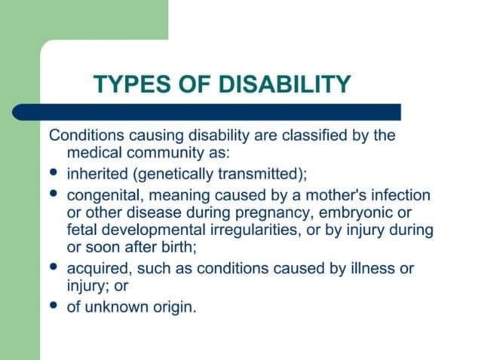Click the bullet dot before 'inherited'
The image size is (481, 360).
54,173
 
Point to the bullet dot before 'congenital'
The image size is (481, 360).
54,194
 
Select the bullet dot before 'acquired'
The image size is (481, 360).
54,267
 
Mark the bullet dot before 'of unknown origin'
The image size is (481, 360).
54,305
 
